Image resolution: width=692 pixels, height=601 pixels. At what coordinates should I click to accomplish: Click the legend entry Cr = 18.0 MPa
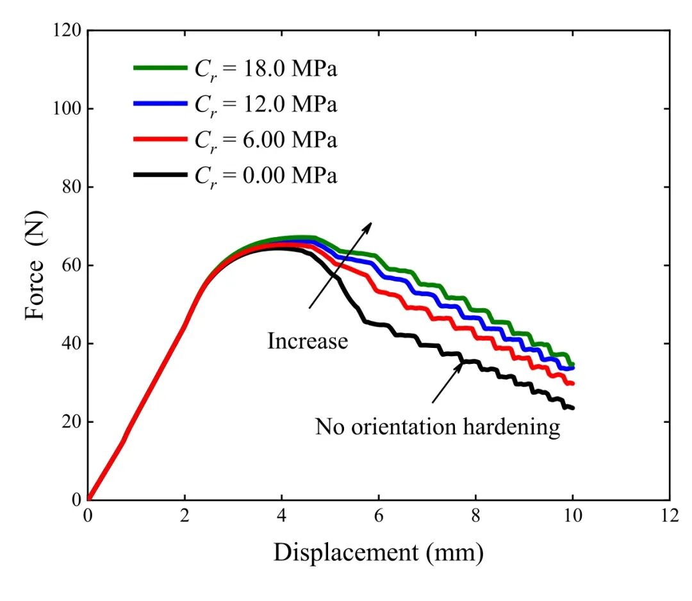266,69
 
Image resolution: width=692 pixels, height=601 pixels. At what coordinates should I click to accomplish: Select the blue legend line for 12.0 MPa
161,103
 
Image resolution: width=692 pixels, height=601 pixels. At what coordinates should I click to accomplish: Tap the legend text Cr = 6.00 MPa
266,140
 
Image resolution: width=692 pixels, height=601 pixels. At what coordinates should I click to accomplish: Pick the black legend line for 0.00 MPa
161,175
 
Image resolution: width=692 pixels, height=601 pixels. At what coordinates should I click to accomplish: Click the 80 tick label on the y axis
72,186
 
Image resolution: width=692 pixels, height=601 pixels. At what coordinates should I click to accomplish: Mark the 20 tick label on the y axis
72,422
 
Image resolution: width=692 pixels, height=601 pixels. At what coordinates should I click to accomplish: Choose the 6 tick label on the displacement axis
379,515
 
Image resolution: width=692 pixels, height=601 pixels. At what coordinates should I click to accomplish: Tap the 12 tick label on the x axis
670,515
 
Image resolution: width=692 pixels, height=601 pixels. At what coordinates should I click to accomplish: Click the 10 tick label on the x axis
573,515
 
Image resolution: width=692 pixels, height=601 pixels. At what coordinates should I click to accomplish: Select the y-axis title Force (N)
35,266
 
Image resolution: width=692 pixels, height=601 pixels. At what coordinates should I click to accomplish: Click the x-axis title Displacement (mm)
379,552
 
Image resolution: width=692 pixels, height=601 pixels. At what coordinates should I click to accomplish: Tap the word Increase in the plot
308,341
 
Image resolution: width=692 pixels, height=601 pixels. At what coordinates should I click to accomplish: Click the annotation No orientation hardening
438,427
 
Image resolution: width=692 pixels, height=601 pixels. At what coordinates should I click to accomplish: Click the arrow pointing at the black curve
447,382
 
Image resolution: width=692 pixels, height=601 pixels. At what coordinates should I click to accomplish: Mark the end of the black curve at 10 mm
573,408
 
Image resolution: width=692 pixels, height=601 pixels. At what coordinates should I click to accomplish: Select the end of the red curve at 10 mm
573,383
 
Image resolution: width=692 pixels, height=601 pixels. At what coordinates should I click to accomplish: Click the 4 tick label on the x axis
281,515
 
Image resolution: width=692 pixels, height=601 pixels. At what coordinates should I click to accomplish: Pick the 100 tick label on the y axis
67,108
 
